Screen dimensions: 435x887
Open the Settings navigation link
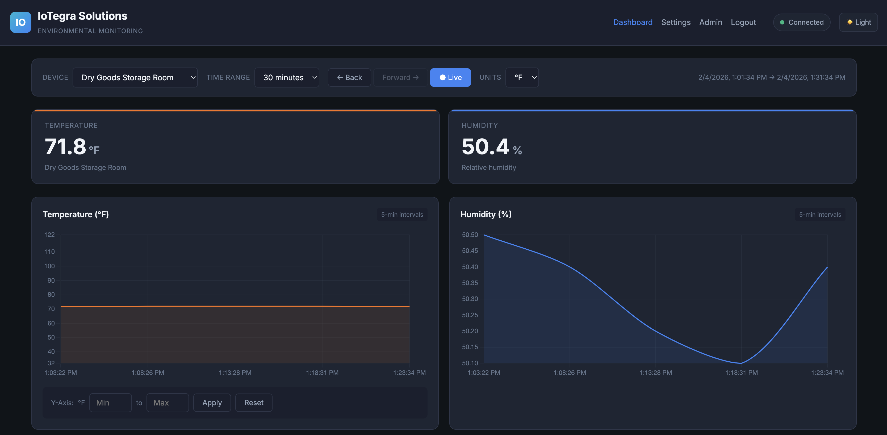(676, 22)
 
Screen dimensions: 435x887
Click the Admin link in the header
(710, 22)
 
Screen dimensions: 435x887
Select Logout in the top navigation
(743, 22)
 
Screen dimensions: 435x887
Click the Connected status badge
(802, 22)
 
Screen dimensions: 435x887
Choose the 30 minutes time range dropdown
(286, 77)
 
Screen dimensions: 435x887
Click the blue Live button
(450, 77)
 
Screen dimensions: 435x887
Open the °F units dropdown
(522, 77)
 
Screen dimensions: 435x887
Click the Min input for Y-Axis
(110, 403)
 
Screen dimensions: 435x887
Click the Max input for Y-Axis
(167, 403)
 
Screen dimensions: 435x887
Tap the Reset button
(254, 403)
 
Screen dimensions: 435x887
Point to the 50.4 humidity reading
(485, 147)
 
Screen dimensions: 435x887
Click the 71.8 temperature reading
(65, 147)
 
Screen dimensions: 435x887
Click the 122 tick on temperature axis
(49, 235)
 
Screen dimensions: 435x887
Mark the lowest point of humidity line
(741, 363)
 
